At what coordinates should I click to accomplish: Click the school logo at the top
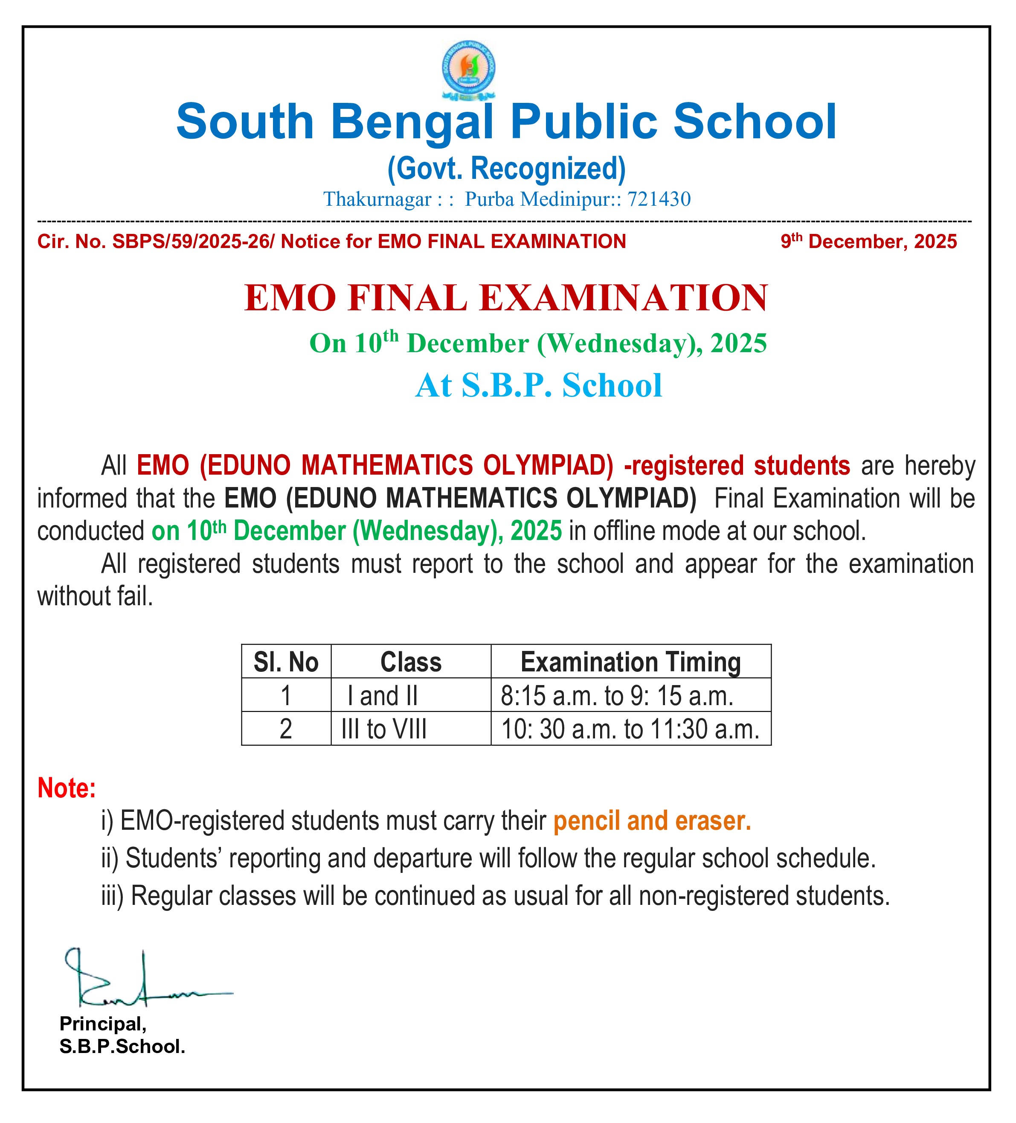468,70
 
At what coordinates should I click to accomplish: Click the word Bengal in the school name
412,122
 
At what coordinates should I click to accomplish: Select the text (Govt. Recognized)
507,168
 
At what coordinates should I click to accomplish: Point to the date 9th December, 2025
868,242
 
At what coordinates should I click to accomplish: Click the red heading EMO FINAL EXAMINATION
506,298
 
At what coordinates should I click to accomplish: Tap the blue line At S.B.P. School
538,385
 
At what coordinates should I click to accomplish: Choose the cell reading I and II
383,696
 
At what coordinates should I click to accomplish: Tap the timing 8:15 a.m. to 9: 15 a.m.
617,696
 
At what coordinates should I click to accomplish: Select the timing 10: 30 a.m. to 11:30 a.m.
630,729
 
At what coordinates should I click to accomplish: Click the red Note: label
66,788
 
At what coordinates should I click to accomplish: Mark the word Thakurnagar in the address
377,199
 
